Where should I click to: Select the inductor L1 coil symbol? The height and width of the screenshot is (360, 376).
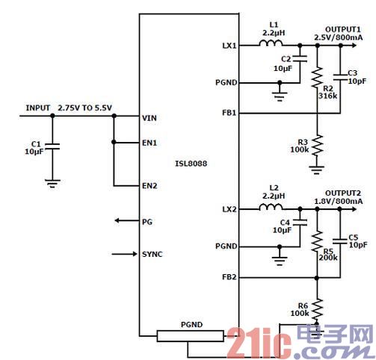[271, 44]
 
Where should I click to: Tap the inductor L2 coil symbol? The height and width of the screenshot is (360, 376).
[271, 208]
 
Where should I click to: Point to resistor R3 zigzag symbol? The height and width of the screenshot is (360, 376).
[318, 145]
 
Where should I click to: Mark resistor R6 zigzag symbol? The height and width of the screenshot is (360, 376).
[318, 307]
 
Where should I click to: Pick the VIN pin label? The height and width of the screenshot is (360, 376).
[150, 117]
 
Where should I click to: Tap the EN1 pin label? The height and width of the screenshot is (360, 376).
[150, 142]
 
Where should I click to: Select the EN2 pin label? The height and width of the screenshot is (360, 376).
[150, 186]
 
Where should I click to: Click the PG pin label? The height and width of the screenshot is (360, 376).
[147, 222]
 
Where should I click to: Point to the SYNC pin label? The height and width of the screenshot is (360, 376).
[152, 255]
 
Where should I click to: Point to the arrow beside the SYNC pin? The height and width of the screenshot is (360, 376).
[124, 255]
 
